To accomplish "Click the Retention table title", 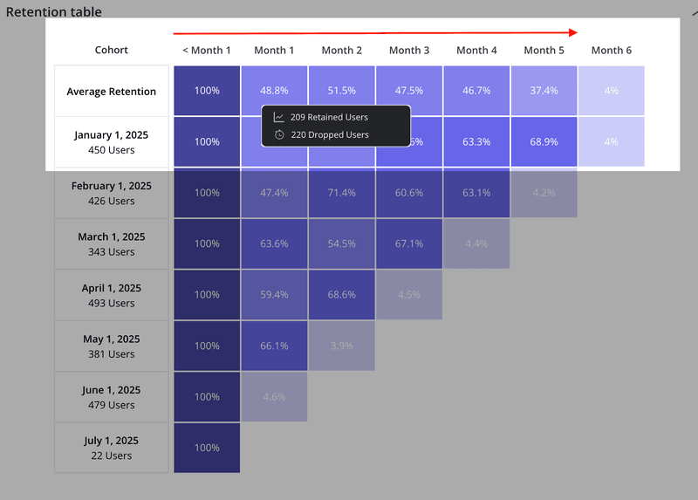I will [x=54, y=12].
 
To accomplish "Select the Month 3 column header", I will [x=409, y=51].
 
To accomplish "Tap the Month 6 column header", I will [x=612, y=51].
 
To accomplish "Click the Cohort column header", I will [x=112, y=51].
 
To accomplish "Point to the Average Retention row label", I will [x=112, y=92].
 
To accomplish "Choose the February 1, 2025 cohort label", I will [x=112, y=193].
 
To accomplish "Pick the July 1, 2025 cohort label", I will [x=112, y=448].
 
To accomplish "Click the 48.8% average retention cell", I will [x=275, y=91].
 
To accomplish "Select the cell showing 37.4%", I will [x=544, y=91].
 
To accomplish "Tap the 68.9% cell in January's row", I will [x=544, y=141].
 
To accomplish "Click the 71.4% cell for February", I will [x=342, y=193].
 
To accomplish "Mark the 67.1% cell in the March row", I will [x=409, y=243].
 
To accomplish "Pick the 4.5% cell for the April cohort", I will [x=409, y=295].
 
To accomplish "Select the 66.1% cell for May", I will [x=275, y=346].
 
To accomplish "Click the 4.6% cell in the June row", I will [x=275, y=397].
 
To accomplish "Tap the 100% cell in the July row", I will [x=207, y=448].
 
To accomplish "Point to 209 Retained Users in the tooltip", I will [x=329, y=117].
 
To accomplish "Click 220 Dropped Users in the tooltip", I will [x=329, y=135].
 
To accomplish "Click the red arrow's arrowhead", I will [x=572, y=32].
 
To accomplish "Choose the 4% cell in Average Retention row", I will [x=612, y=91].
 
